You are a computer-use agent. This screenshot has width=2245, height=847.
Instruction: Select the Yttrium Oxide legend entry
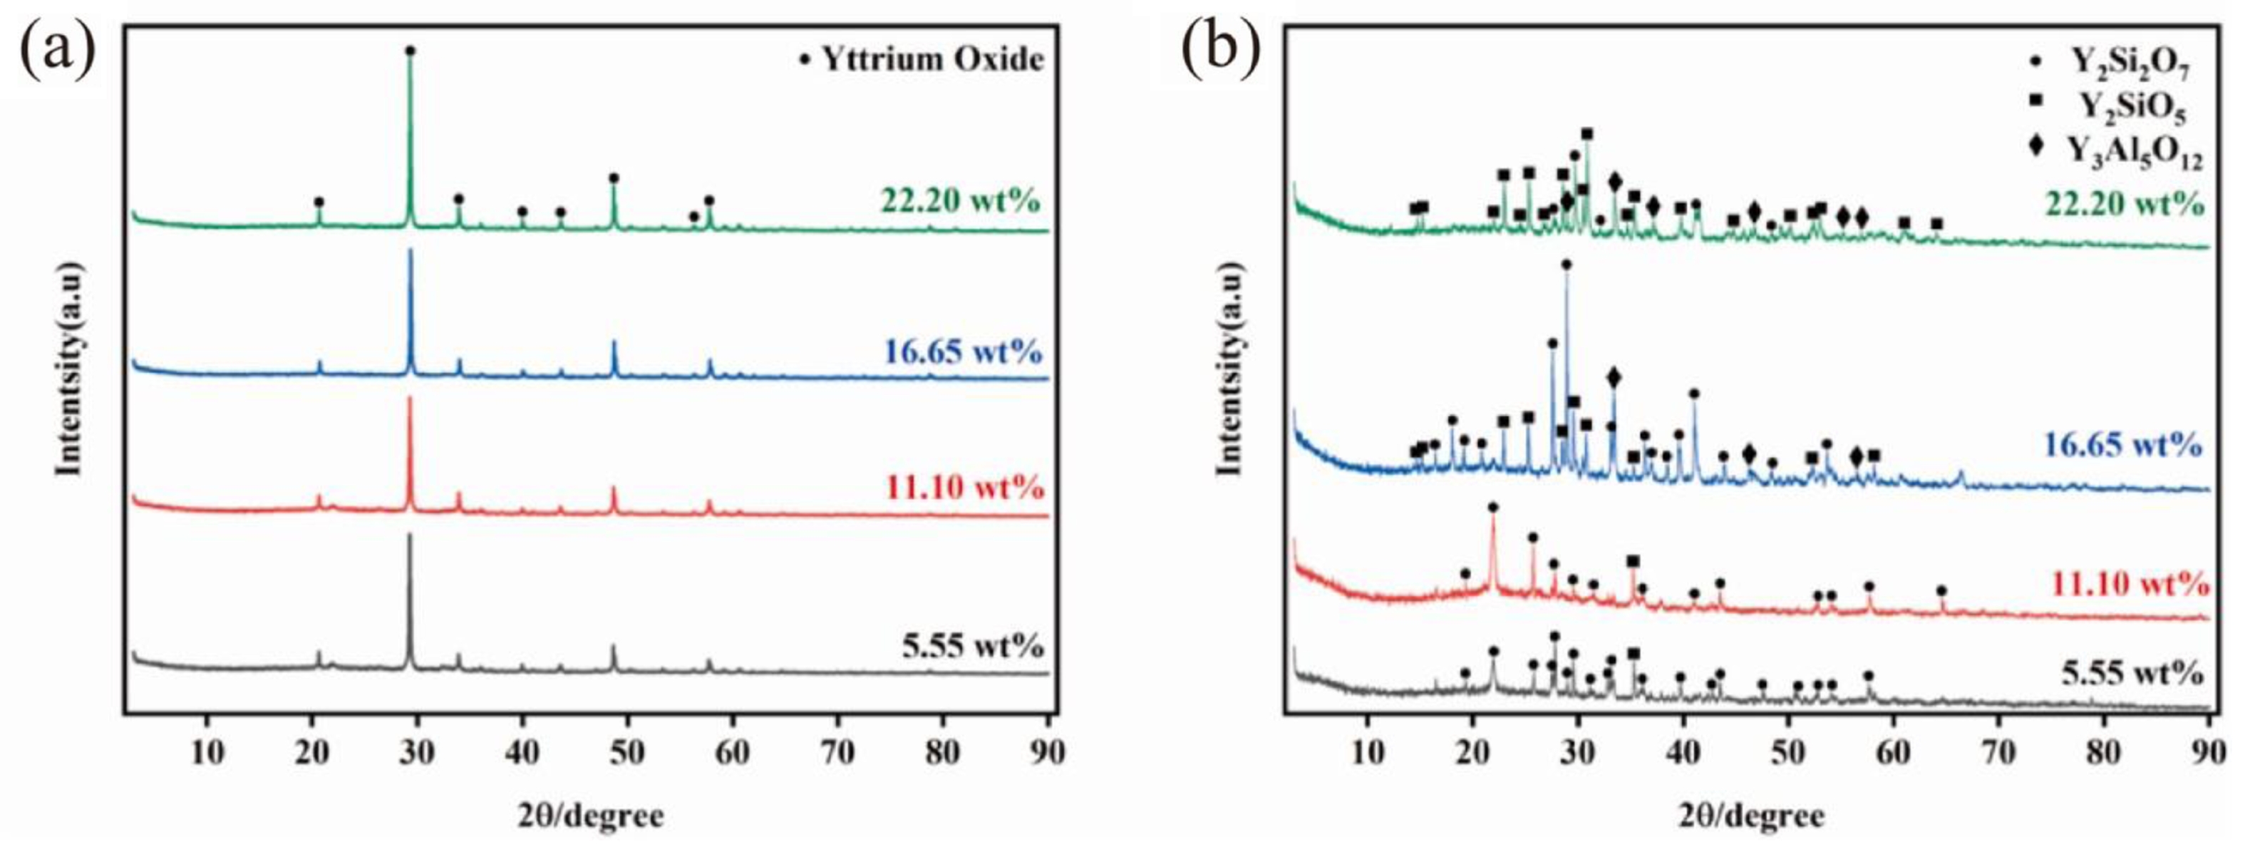tap(923, 59)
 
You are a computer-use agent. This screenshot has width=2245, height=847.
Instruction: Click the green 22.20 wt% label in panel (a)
tap(961, 201)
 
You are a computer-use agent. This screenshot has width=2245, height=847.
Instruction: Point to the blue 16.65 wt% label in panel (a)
tap(962, 352)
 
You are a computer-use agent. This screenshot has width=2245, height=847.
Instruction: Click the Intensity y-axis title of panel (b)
tap(1228, 384)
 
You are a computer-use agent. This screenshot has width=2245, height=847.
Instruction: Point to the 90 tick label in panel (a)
tap(1047, 752)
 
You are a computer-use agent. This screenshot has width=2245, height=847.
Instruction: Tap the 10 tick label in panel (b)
tap(1368, 752)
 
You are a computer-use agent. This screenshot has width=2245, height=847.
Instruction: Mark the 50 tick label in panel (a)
tap(626, 752)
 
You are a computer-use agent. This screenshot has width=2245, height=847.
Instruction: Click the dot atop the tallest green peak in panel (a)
tap(411, 51)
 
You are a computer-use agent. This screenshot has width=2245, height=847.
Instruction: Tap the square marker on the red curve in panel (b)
tap(1632, 560)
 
